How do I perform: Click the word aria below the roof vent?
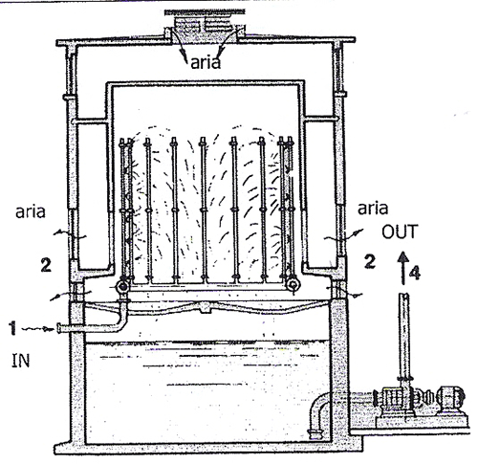coord(206,63)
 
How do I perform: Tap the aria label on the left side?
coord(31,211)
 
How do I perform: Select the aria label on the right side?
coord(373,209)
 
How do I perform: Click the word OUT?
coord(400,232)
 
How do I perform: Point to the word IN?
coord(21,361)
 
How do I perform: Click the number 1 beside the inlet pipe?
coord(12,328)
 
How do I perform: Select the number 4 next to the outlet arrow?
coord(415,273)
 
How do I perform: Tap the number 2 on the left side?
coord(46,265)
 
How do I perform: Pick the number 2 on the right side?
coord(370,261)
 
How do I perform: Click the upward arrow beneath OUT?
coord(403,268)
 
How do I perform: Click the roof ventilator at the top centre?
coord(205,26)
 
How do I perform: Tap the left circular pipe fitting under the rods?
coord(122,287)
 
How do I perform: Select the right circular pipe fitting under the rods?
coord(293,284)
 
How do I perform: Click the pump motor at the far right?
coord(449,397)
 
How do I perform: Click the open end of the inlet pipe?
coord(59,328)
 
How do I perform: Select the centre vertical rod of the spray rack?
coord(204,210)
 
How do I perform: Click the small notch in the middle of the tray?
coord(204,308)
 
